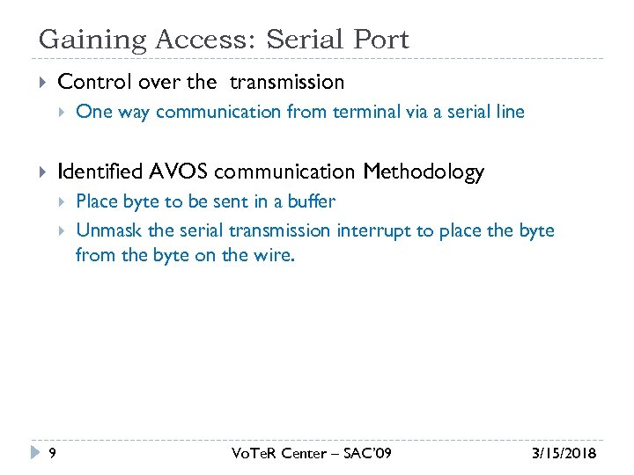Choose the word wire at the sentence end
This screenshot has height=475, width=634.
(271, 257)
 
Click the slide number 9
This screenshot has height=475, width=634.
(53, 453)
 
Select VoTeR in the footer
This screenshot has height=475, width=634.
(254, 453)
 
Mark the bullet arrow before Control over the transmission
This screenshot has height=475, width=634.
(41, 83)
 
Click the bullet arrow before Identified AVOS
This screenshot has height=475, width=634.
(41, 172)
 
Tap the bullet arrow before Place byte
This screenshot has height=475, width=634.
(62, 201)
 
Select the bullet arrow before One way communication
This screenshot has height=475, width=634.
(62, 112)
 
